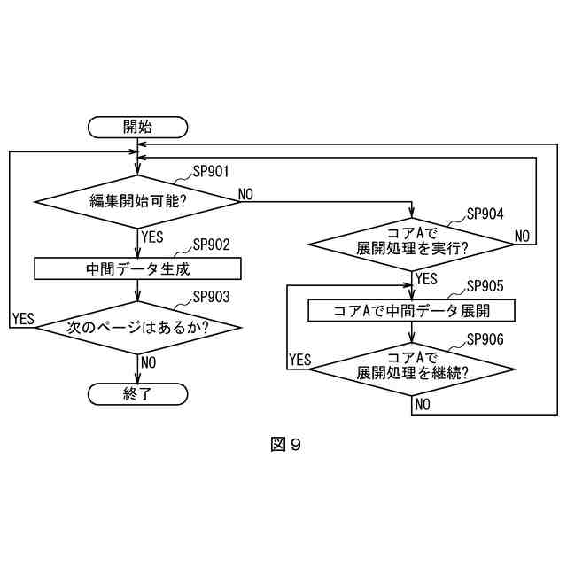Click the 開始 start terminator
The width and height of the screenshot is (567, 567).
click(137, 127)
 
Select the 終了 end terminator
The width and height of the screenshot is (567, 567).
click(137, 394)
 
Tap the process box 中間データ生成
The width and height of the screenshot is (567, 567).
click(137, 268)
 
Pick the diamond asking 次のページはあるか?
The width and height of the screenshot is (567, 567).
click(137, 327)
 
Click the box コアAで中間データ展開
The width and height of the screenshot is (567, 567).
click(412, 311)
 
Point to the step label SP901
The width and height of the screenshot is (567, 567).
click(211, 173)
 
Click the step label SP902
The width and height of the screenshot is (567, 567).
click(211, 245)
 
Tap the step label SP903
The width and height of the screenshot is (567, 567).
click(211, 297)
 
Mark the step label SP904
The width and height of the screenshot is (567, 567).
click(484, 214)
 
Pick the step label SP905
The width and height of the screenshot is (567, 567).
click(484, 286)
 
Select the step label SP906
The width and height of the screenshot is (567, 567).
click(484, 338)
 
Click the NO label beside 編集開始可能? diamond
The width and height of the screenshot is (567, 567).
click(245, 194)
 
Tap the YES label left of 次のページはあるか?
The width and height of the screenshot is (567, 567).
click(23, 319)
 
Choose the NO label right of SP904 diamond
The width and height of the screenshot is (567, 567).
click(522, 236)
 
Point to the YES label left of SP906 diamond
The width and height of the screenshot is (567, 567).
click(300, 359)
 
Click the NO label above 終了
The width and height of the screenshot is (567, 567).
click(148, 361)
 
